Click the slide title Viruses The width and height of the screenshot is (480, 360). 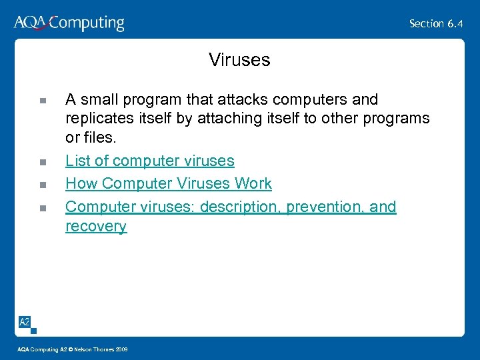239,60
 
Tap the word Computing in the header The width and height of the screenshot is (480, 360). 87,24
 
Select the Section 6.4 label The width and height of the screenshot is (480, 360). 436,24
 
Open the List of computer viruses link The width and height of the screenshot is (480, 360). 149,161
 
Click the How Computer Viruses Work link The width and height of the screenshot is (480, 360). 168,183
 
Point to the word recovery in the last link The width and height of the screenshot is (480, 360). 96,226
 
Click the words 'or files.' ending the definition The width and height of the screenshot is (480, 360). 91,138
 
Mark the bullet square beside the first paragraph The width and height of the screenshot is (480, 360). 42,101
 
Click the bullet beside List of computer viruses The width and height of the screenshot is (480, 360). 42,162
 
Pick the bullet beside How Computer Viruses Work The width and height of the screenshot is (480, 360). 42,185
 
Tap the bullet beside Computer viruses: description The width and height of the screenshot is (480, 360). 42,208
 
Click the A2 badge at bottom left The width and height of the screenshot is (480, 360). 24,322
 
